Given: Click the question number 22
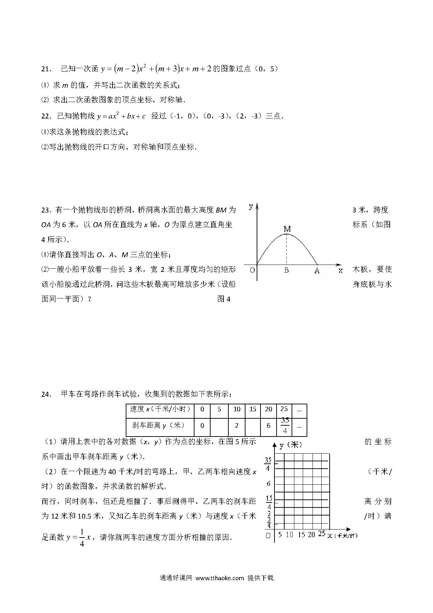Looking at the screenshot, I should [x=46, y=116].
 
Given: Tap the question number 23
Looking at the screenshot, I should [x=46, y=210].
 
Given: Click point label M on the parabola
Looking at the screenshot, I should [x=287, y=229].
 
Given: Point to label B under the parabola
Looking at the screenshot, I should [x=286, y=270].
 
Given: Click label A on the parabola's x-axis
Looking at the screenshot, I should [x=317, y=271].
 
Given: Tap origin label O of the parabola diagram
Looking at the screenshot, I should [x=252, y=270].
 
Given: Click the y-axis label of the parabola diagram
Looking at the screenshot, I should [x=251, y=206].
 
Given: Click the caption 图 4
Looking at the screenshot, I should [x=224, y=299].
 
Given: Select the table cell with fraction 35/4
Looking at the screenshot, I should [x=285, y=425].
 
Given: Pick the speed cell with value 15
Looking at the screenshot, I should [x=253, y=409].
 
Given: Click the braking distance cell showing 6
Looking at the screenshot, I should [x=268, y=426].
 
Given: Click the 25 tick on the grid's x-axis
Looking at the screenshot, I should [x=322, y=533].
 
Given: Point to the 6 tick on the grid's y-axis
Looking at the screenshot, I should [x=268, y=484].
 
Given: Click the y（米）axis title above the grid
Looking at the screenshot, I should [x=291, y=445].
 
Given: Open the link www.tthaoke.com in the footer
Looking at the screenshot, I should [x=219, y=578].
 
